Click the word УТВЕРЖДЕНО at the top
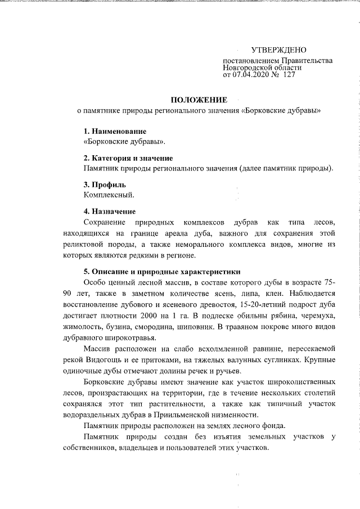[x=278, y=51]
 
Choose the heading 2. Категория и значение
[x=128, y=158]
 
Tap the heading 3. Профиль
[x=105, y=184]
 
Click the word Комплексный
[x=109, y=195]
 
